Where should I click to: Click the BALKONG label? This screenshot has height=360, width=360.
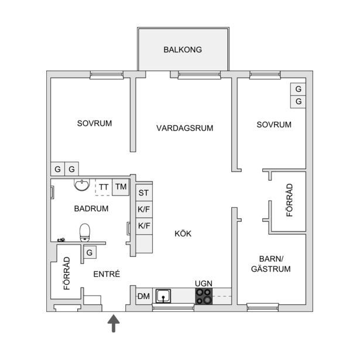[183, 50]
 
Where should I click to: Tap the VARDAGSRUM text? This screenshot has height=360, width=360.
[184, 128]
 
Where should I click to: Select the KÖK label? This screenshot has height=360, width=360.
[183, 234]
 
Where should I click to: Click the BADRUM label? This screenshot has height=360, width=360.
[91, 208]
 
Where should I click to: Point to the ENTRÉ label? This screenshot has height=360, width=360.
[107, 273]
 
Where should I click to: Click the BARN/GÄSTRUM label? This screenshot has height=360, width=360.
[270, 264]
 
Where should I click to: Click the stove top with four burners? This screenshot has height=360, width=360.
[204, 296]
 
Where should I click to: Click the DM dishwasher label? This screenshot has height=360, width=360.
[144, 296]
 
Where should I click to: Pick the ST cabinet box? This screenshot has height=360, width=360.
[144, 193]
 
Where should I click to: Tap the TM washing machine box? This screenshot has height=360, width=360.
[121, 187]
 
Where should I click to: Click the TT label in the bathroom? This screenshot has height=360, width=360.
[104, 187]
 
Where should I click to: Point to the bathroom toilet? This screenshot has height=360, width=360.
[85, 232]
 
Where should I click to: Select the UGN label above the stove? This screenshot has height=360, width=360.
[204, 283]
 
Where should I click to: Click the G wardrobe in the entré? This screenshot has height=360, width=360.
[90, 253]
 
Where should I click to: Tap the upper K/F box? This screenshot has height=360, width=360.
[144, 209]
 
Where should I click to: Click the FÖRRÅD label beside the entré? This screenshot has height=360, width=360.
[67, 273]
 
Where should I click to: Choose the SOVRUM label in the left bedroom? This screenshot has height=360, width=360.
[94, 124]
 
